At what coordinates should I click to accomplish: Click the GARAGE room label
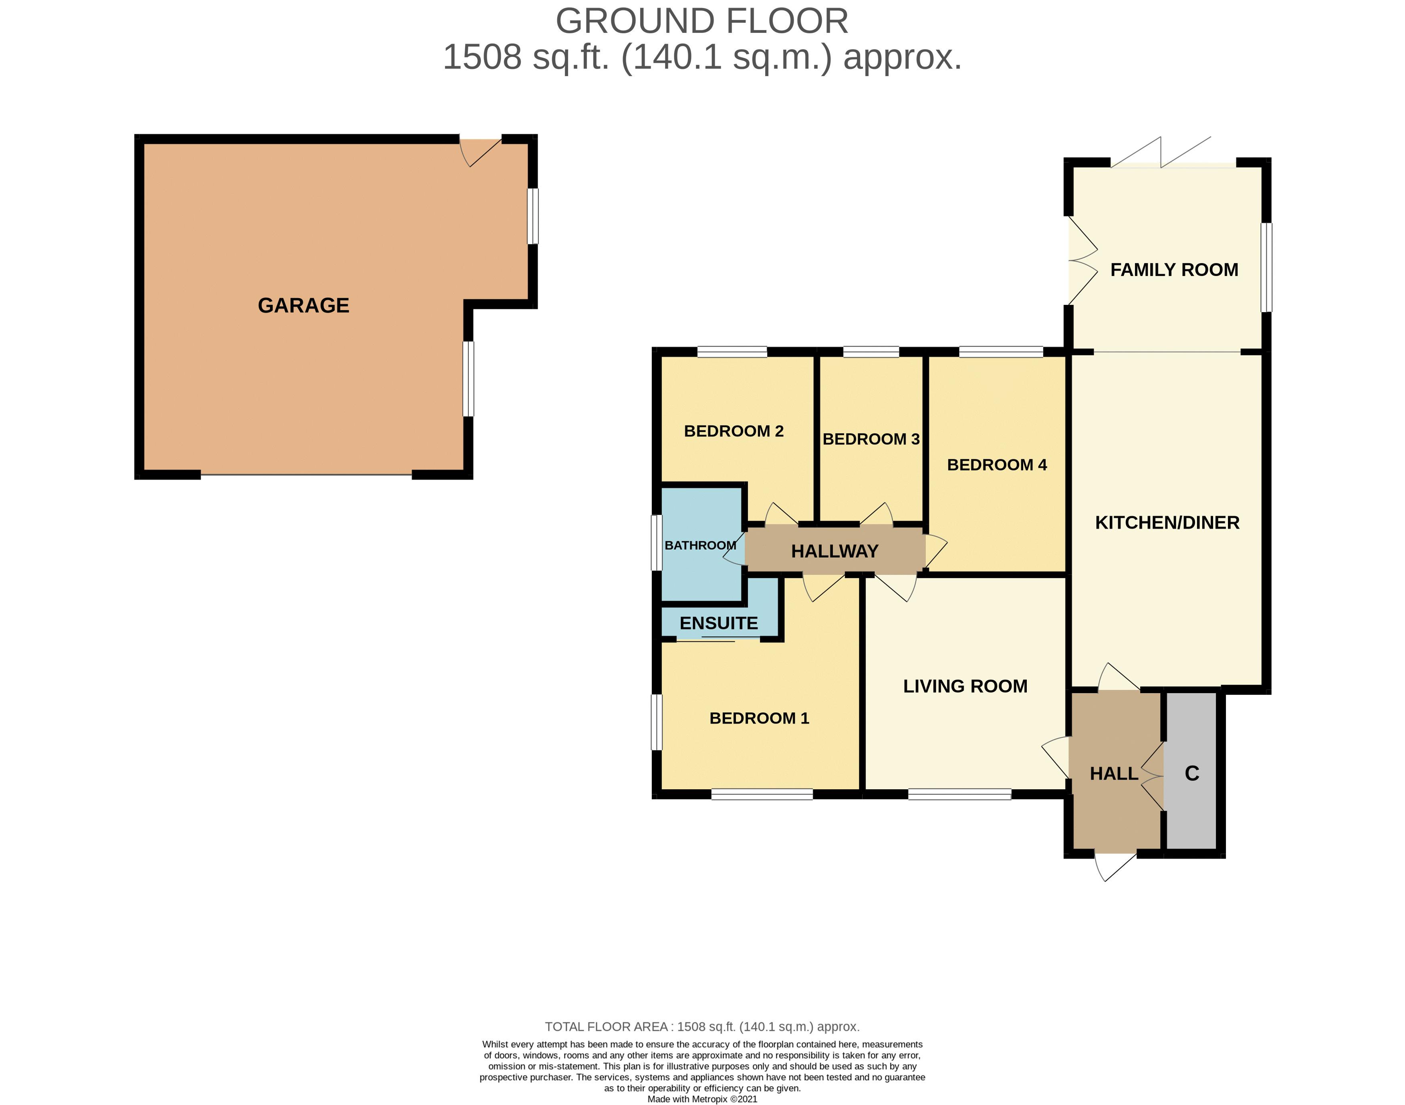pos(303,305)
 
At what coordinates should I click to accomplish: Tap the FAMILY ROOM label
pos(1174,270)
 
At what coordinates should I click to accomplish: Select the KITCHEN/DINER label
pos(1167,523)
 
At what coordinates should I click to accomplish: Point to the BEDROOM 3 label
pos(871,439)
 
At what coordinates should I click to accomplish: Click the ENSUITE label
pos(719,623)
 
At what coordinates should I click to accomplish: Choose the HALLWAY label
pos(835,551)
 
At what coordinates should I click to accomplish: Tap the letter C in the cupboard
pos(1191,773)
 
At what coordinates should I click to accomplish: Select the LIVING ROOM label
pos(965,686)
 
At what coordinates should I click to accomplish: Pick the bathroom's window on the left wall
pos(657,543)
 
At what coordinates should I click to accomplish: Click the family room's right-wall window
pos(1266,267)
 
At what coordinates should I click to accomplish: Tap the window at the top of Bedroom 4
pos(1001,352)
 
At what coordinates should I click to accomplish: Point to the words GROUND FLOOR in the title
pos(702,21)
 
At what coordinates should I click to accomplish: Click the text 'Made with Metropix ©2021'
pos(702,1099)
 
